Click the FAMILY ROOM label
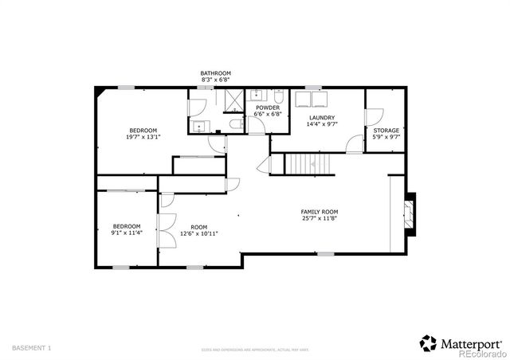click(319, 211)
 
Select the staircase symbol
click(307, 166)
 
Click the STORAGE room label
click(386, 130)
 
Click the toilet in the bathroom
click(231, 125)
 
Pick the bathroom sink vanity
click(198, 125)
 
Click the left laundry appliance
click(304, 99)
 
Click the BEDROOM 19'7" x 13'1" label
click(143, 134)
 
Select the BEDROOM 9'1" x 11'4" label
click(126, 229)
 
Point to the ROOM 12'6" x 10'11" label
click(198, 229)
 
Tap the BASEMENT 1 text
click(32, 348)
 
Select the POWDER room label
click(268, 108)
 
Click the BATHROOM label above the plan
click(215, 73)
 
